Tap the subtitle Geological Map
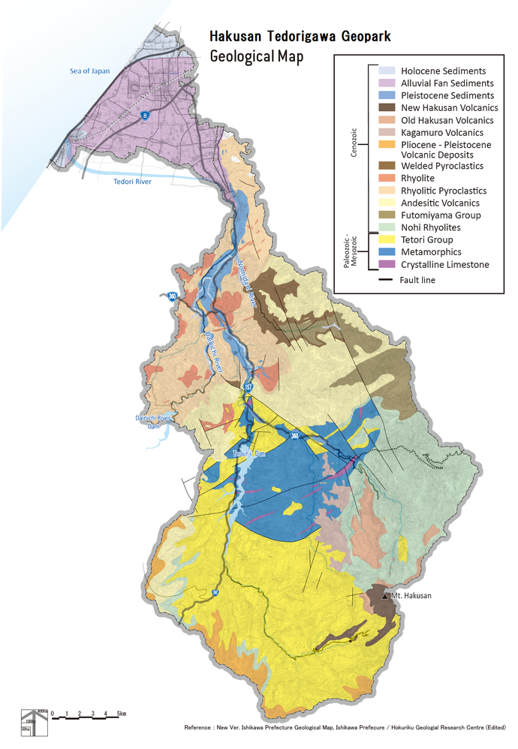(x=257, y=57)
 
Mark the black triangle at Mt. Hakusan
(x=386, y=594)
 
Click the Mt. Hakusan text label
(x=413, y=594)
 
